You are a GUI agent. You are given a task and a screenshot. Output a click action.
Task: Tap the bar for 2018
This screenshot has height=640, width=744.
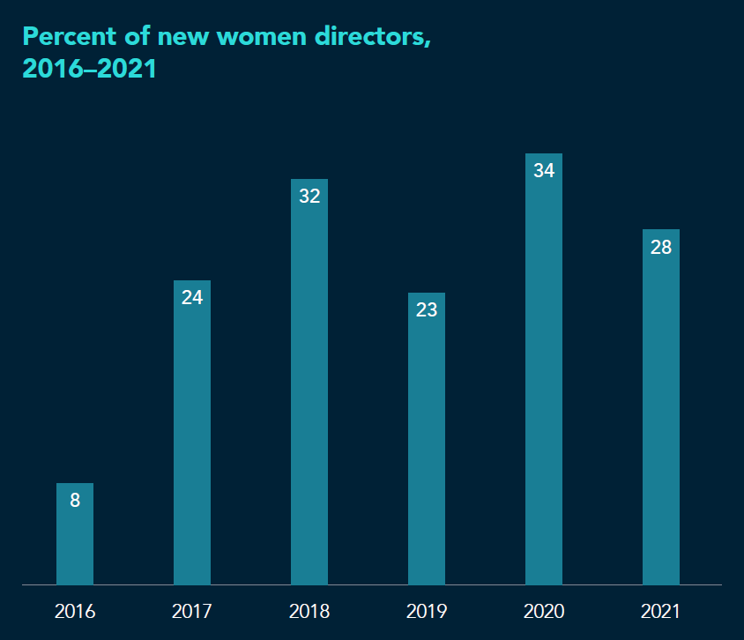coord(309,388)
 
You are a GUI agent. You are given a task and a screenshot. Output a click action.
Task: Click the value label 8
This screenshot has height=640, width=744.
coord(75,501)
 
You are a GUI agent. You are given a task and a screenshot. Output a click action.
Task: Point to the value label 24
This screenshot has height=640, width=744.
coord(192,298)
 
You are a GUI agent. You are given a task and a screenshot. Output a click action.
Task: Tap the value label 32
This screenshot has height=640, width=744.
coord(309,197)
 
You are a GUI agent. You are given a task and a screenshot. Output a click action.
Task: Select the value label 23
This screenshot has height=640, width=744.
coord(427,310)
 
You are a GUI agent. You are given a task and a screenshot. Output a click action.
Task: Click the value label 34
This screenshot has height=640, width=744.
coord(544,171)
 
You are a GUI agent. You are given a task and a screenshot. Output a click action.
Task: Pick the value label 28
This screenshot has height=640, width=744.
coord(661,248)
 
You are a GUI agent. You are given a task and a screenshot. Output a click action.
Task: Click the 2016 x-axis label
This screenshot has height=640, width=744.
coord(75,611)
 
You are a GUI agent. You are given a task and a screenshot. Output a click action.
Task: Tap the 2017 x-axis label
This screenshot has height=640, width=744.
coord(192,611)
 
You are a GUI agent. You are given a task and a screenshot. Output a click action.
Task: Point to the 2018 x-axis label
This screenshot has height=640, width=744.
coord(309,611)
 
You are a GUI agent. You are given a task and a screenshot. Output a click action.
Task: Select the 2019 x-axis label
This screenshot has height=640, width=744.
coord(427,611)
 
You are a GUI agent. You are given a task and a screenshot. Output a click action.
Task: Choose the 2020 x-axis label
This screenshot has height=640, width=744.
coord(544,611)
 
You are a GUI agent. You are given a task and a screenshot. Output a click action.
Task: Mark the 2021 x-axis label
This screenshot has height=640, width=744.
coord(661,611)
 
